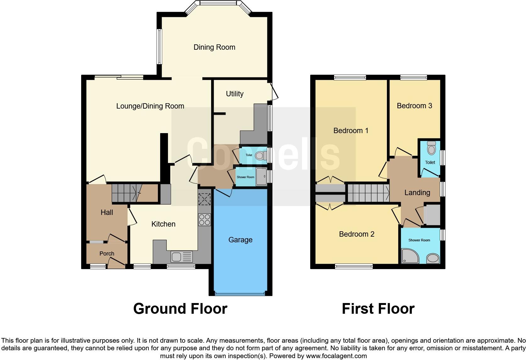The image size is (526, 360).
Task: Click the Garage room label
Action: pos(240,240)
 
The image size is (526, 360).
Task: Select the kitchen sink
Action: pos(182,257)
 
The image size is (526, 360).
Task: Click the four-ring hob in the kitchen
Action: pos(204,220)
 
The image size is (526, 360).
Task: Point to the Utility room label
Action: pos(235,94)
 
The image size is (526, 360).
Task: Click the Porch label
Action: pos(107,253)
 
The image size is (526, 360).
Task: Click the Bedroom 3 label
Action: pos(414,106)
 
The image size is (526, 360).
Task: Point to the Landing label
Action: pos(417,193)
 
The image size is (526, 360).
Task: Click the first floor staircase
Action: pos(368,193)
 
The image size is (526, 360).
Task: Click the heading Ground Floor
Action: pos(180,308)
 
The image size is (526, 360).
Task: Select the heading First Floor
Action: pos(378,308)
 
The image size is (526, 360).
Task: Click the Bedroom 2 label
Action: pos(356,234)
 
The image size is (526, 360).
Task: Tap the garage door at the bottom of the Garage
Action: pos(240,294)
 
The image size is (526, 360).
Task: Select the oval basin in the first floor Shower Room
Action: pos(433,259)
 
